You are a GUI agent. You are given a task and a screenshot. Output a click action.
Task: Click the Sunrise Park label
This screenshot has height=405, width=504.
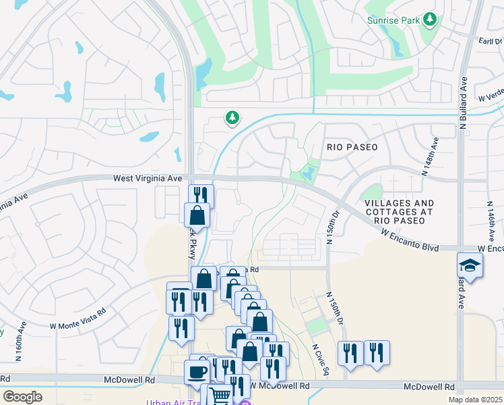pos(393,21)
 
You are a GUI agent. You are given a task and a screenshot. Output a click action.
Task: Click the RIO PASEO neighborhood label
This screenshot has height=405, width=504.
pos(352,146)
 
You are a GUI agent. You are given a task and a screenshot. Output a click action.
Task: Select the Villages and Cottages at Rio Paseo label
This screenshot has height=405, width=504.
pos(399,211)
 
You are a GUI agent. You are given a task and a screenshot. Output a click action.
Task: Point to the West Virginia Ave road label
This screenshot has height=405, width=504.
pos(148,178)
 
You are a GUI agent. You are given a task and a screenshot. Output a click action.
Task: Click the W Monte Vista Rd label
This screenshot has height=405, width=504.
pos(78,318)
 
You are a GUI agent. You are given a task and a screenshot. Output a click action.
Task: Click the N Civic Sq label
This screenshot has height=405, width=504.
pos(320,359)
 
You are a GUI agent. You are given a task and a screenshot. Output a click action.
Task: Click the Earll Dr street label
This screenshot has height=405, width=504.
pos(489,40)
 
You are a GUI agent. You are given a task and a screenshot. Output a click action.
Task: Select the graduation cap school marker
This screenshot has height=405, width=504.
pos(470,265)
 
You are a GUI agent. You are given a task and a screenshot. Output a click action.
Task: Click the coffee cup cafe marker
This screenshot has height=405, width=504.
pos(197,372)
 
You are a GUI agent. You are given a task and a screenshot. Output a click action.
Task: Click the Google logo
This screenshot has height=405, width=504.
pos(22,396)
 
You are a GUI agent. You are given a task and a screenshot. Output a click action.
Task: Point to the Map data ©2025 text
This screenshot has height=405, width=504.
pos(474,400)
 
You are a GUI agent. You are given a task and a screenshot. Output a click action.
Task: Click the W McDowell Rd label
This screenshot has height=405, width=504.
pos(280,386)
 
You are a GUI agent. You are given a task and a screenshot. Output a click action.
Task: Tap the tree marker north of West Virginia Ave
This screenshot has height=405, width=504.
pos(232,118)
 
